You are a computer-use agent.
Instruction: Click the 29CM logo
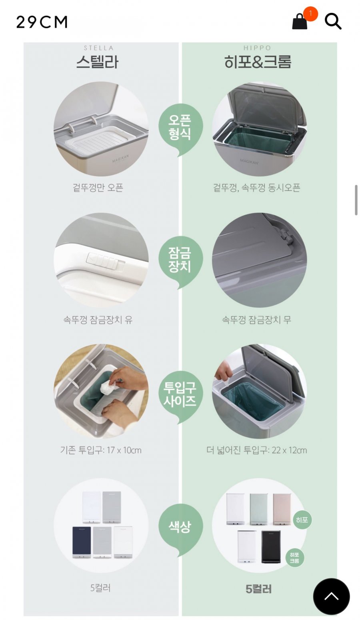(42, 22)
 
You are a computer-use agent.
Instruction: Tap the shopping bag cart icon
(300, 21)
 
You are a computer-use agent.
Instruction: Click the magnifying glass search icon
(333, 22)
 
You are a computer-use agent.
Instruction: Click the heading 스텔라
(98, 62)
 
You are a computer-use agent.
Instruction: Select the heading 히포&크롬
(258, 62)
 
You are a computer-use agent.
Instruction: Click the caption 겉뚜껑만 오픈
(98, 188)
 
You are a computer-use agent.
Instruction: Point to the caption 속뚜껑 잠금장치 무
(256, 320)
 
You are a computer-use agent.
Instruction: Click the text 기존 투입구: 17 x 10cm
(101, 450)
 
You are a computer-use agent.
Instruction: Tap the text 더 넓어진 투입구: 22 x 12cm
(256, 450)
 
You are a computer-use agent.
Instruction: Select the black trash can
(271, 547)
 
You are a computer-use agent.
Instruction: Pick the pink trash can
(282, 509)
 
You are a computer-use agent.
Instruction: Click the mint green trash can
(259, 509)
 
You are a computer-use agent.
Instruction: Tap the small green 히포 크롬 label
(294, 558)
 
